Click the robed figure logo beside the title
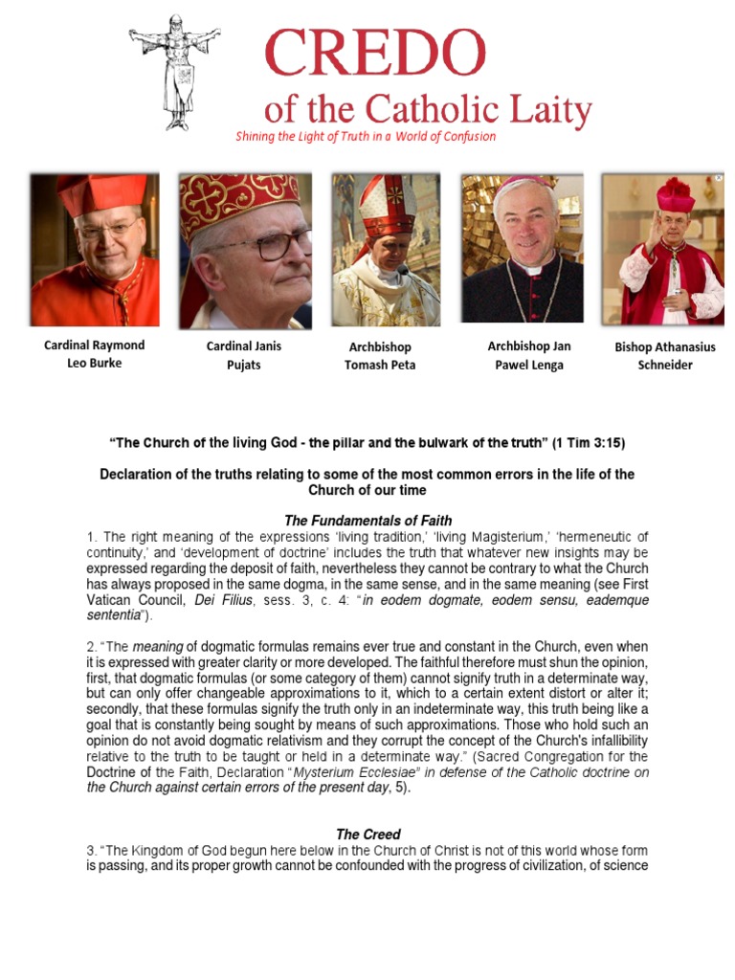[x=175, y=72]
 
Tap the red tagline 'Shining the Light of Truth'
[x=366, y=136]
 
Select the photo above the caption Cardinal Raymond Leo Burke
[x=94, y=251]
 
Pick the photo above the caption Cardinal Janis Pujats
[x=245, y=251]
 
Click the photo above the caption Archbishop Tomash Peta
[x=386, y=251]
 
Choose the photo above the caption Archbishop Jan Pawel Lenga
[x=523, y=249]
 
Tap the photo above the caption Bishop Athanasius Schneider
[x=661, y=249]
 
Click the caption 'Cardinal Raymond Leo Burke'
[x=94, y=354]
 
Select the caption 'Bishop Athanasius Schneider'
[x=664, y=356]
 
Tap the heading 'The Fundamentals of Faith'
[x=367, y=521]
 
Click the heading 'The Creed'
[x=367, y=835]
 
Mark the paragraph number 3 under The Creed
[x=89, y=852]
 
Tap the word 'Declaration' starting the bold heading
[x=137, y=475]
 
